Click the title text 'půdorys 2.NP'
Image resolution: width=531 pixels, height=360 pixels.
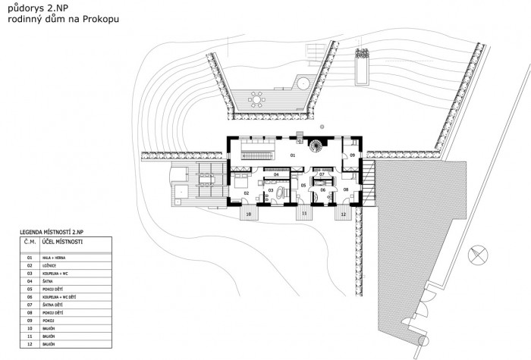coord(33,9)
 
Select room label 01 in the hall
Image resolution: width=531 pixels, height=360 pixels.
coord(291,155)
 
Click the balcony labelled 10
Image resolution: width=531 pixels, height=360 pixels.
coord(249,214)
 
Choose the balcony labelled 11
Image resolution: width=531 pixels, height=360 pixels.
coord(304,214)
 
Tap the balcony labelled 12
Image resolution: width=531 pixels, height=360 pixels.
coord(343,214)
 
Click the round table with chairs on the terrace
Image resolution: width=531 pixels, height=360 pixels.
coord(257,99)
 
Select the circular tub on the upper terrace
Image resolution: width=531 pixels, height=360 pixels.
coord(302,81)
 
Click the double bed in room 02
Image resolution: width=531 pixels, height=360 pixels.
coord(238,181)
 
